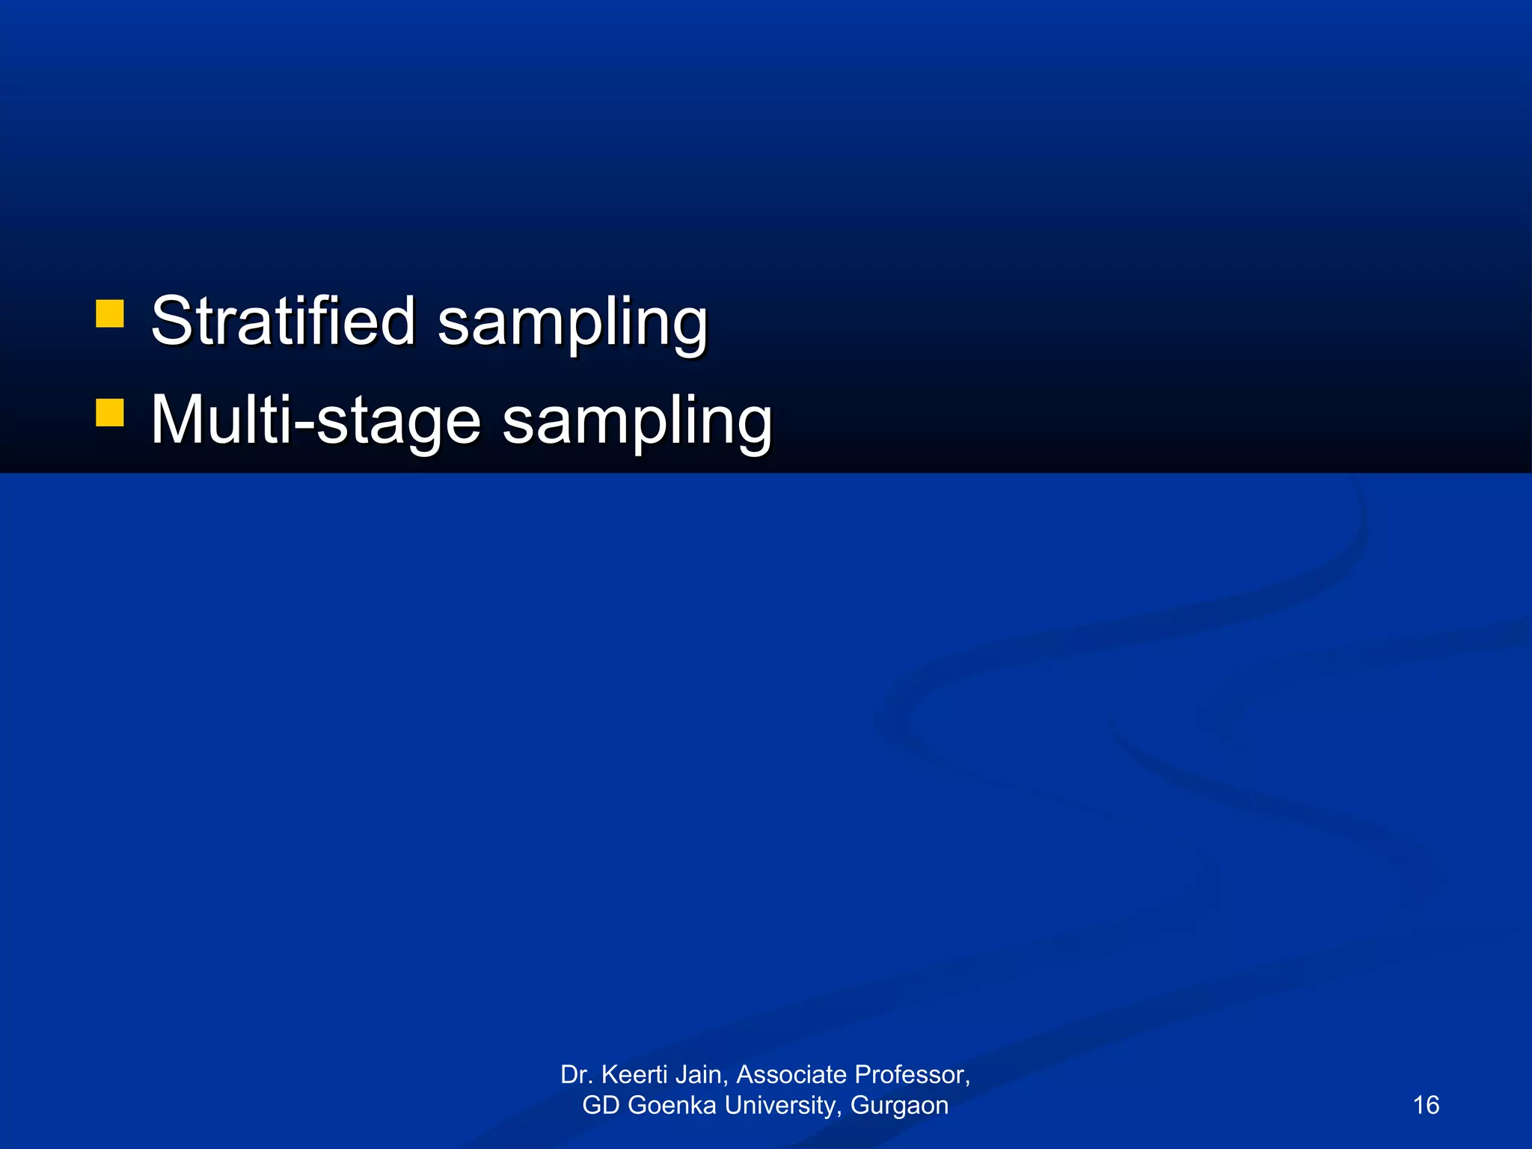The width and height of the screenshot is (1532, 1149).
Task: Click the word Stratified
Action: (x=283, y=321)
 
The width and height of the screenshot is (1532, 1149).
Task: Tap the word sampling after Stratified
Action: (x=572, y=322)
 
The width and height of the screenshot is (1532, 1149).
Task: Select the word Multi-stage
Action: (x=315, y=420)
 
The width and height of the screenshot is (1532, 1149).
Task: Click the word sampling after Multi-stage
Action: (x=637, y=422)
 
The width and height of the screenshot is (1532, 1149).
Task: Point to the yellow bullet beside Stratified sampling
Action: (x=110, y=314)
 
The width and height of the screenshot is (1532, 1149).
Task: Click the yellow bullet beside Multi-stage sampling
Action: (x=110, y=413)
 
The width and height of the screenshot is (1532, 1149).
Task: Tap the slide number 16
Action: (x=1426, y=1105)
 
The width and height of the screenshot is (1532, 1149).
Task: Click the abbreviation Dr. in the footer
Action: (x=577, y=1075)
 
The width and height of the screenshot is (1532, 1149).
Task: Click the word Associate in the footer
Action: (x=791, y=1075)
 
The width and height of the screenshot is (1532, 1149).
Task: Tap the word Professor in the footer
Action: (x=912, y=1075)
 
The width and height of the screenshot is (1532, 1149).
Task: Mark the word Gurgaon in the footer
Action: (x=899, y=1106)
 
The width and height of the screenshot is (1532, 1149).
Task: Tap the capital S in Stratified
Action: (x=171, y=321)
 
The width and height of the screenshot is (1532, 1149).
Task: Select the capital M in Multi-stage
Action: (x=179, y=420)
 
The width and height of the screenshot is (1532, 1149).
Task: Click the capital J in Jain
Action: (x=681, y=1075)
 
